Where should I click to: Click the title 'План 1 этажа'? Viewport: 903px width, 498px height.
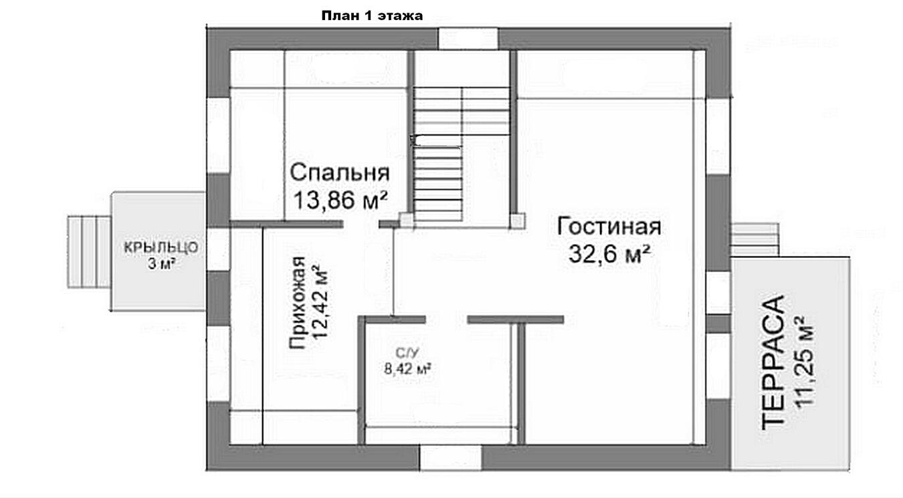(x=372, y=16)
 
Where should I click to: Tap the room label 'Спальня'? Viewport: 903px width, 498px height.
(x=339, y=173)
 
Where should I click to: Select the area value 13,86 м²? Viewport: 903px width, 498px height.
(x=340, y=200)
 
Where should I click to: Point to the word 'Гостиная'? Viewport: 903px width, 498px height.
(x=609, y=227)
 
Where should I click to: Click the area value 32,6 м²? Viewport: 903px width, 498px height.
(x=609, y=254)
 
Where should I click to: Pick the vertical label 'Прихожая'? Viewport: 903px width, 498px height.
(x=298, y=302)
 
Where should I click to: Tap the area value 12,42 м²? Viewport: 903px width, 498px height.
(x=320, y=302)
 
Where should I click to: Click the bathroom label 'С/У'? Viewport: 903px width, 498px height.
(x=407, y=353)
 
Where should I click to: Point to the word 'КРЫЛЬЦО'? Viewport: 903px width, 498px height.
(x=161, y=247)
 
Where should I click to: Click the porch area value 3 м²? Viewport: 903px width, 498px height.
(x=161, y=264)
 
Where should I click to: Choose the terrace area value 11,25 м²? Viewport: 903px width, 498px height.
(x=803, y=362)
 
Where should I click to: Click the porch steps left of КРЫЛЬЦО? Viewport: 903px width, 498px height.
(x=89, y=252)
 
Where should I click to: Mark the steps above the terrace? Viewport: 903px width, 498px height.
(x=755, y=240)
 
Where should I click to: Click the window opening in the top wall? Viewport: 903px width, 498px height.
(x=468, y=39)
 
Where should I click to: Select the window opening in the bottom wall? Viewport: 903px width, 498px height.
(x=451, y=458)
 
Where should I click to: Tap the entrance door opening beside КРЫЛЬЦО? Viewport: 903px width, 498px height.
(x=218, y=250)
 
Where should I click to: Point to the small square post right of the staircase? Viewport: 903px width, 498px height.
(x=517, y=221)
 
